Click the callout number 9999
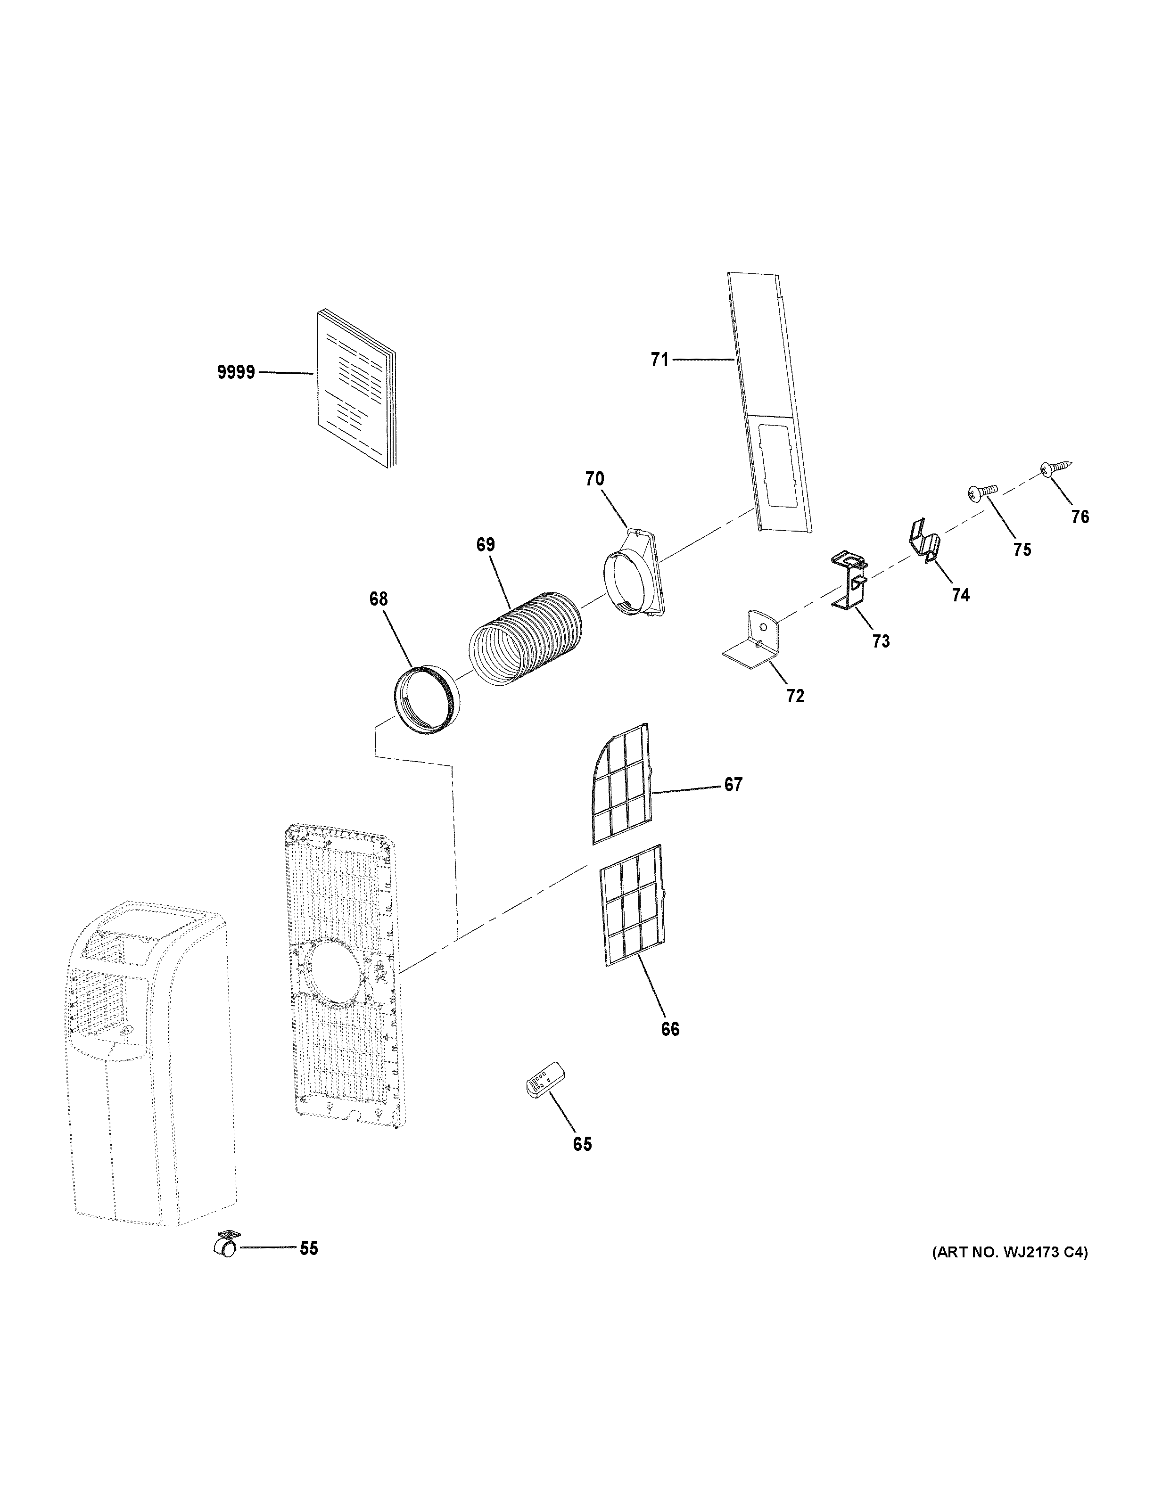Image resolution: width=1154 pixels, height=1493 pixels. [x=236, y=373]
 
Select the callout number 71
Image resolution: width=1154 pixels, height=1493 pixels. [x=659, y=360]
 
